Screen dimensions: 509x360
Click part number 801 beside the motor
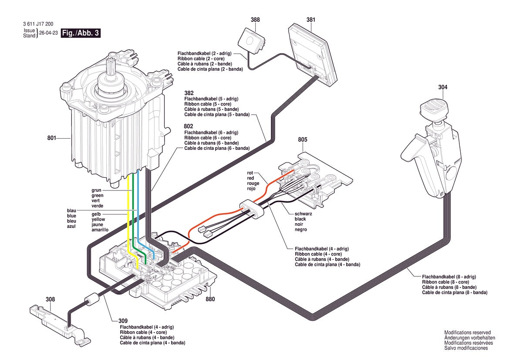(52, 138)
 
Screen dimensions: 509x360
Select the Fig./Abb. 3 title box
(81, 33)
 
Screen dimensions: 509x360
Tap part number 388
(255, 20)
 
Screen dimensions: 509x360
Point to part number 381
(310, 20)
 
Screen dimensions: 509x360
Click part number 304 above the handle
(443, 87)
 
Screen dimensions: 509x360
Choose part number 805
(303, 140)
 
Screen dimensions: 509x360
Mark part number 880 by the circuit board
(210, 299)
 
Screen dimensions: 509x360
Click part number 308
(51, 299)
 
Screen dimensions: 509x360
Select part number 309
(123, 321)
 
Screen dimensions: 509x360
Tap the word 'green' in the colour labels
(98, 196)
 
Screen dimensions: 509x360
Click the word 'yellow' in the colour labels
(98, 219)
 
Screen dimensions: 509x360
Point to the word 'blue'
(71, 216)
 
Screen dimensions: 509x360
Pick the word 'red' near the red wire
(250, 178)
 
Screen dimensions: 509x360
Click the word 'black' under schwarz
(300, 219)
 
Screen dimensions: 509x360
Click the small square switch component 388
(251, 41)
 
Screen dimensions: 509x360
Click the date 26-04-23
(48, 33)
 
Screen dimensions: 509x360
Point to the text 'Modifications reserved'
(468, 333)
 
